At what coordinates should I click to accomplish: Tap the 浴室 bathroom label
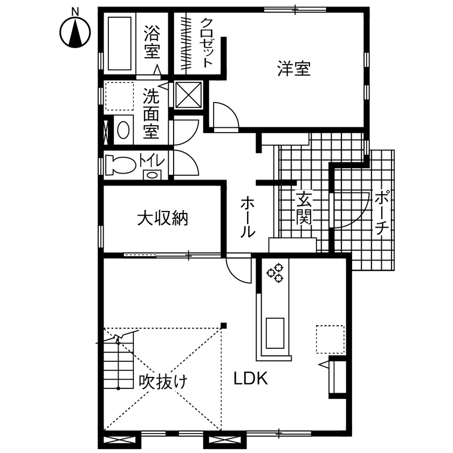pyautogui.click(x=152, y=43)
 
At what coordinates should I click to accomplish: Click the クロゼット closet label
pyautogui.click(x=208, y=43)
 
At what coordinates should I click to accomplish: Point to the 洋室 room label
pyautogui.click(x=294, y=69)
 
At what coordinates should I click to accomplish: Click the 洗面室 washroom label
pyautogui.click(x=151, y=114)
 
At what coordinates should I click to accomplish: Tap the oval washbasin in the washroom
pyautogui.click(x=123, y=130)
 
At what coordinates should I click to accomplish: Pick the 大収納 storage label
pyautogui.click(x=162, y=218)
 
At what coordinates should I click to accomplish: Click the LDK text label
pyautogui.click(x=251, y=379)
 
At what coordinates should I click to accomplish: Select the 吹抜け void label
pyautogui.click(x=163, y=382)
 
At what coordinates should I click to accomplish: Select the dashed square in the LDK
pyautogui.click(x=330, y=339)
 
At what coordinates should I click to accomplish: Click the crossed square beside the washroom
pyautogui.click(x=188, y=95)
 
